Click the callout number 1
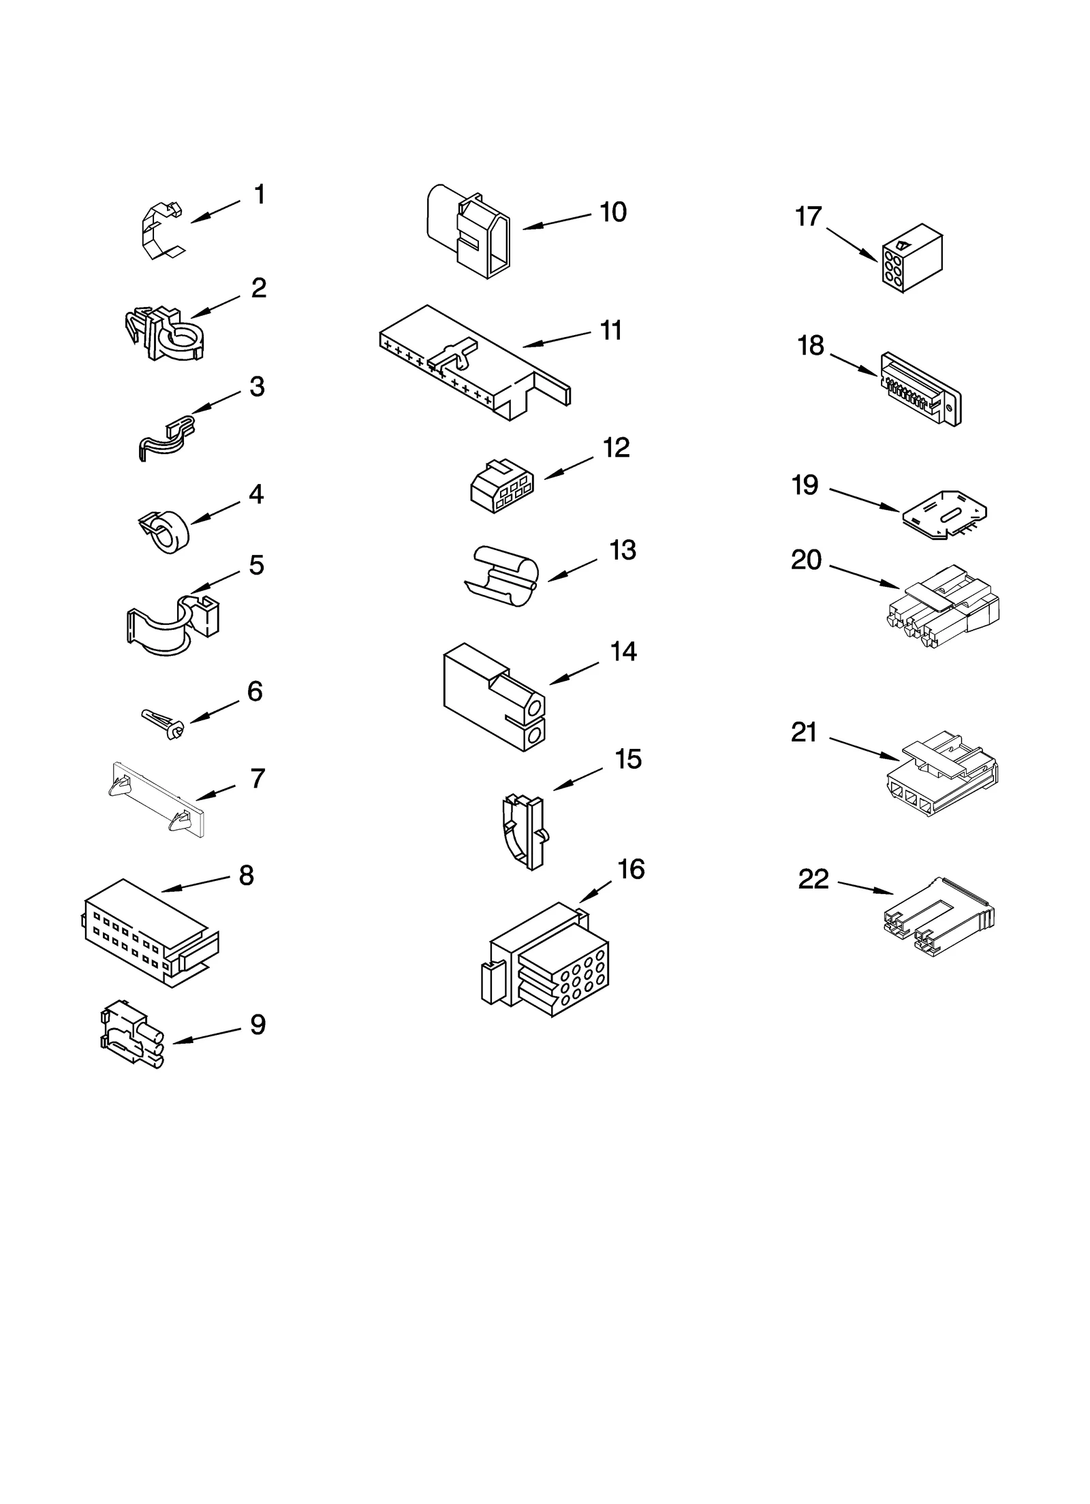point(260,195)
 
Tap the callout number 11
point(610,331)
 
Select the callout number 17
point(809,217)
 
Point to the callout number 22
point(813,880)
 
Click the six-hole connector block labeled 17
point(912,259)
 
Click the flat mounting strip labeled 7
point(158,799)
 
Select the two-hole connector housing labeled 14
point(493,697)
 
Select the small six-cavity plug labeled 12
point(501,485)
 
